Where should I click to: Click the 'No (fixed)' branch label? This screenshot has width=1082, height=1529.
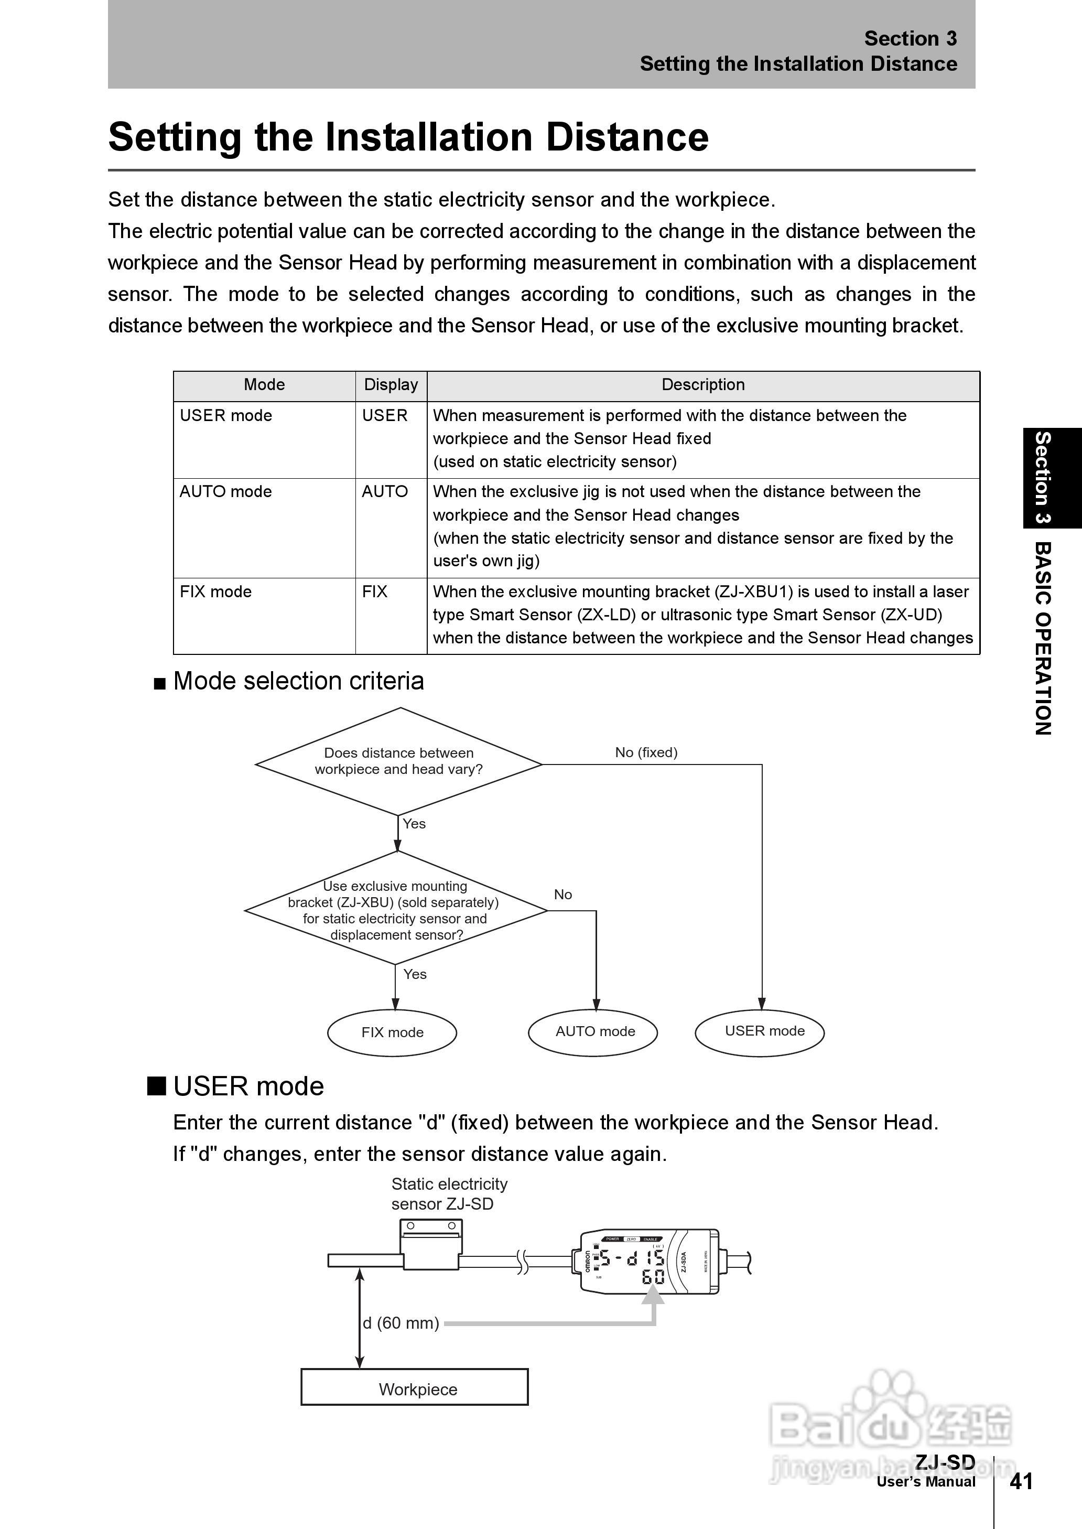646,752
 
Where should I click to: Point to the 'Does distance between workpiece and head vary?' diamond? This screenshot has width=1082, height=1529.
398,761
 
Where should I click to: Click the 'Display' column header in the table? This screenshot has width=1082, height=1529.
391,384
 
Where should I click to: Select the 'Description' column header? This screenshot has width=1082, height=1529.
703,384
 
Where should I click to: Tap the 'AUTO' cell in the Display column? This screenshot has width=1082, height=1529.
384,492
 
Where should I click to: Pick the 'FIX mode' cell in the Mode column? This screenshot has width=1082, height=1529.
216,591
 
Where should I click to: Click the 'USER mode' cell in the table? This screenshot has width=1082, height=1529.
226,416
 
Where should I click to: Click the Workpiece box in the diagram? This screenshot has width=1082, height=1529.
415,1389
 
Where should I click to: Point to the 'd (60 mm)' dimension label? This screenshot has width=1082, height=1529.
401,1322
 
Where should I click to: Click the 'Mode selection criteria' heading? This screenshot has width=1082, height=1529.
298,681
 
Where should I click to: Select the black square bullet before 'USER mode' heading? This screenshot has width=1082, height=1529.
157,1086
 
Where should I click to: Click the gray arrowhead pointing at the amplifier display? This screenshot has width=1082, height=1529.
654,1295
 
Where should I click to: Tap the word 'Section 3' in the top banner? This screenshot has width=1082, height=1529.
910,39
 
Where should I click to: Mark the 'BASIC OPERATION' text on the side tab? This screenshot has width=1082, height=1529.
1043,638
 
